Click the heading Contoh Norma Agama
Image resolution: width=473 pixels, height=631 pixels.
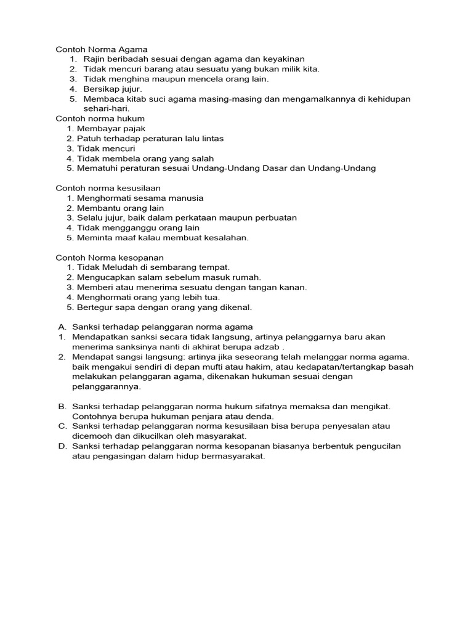tap(102, 49)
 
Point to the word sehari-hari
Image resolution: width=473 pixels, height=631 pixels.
tap(106, 108)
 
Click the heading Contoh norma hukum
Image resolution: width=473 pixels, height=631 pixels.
tap(100, 118)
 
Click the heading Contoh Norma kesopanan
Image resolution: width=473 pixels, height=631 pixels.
tap(110, 257)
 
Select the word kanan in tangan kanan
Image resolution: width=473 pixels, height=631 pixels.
tap(293, 287)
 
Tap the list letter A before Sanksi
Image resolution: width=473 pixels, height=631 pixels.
tap(62, 327)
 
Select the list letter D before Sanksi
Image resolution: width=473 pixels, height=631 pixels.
tap(62, 446)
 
